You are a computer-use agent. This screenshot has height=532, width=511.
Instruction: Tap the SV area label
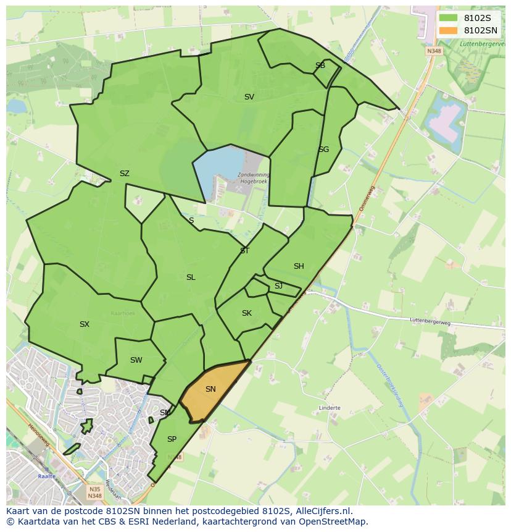point(249,97)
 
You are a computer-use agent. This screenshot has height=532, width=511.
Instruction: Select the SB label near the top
point(320,65)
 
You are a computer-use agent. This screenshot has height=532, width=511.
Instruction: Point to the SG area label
point(323,150)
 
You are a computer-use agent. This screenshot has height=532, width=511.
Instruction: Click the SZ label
point(124,174)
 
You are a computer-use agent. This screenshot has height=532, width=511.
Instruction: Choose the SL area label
point(191,277)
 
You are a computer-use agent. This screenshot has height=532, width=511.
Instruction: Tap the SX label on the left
point(85,324)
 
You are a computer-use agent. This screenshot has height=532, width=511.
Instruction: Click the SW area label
point(136,360)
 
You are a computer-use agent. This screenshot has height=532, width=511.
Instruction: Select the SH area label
point(299,266)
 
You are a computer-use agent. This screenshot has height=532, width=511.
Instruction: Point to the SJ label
point(278,286)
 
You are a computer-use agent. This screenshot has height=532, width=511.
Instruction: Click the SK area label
point(246,313)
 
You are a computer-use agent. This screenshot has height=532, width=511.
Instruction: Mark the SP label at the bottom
point(172,439)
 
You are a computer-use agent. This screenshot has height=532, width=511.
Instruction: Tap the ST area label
point(244,251)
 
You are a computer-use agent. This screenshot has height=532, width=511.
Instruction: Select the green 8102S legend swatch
point(449,18)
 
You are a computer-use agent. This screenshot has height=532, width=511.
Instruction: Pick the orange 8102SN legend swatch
point(449,30)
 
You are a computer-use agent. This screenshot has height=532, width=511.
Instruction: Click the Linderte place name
point(330,408)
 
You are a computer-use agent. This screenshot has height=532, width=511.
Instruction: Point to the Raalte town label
point(46,476)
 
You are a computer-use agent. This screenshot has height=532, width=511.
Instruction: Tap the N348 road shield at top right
point(434,51)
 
